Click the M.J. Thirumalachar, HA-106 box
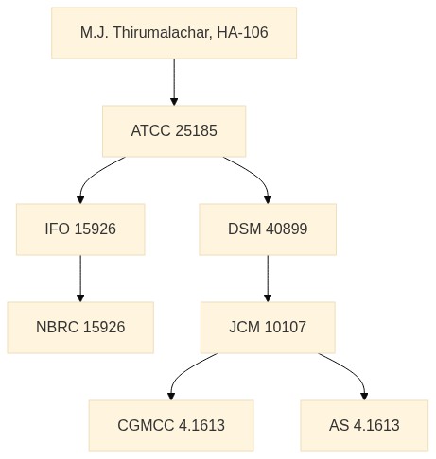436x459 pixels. pos(174,33)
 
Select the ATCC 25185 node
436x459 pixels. pos(174,131)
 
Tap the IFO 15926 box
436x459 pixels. pos(80,229)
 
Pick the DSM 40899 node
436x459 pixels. pos(268,229)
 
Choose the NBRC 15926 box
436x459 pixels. pos(80,328)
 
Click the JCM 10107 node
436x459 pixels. pos(268,328)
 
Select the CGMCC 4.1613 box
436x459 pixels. pos(171,426)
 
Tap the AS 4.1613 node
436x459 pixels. pos(364,426)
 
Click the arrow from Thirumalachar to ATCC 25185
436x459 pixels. pos(174,82)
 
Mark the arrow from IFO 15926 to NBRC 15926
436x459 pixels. pos(80,279)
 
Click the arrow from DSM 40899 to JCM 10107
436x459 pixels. pos(268,279)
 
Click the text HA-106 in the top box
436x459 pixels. pos(242,32)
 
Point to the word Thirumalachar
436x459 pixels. pos(163,33)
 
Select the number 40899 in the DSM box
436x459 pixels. pos(287,229)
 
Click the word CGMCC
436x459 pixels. pos(146,425)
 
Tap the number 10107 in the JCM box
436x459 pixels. pos(285,327)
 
